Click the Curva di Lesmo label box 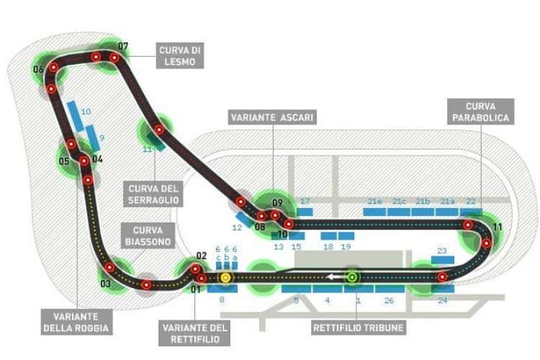click(180, 56)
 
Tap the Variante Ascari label click(272, 117)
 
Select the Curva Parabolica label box click(480, 112)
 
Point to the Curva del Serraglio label click(153, 194)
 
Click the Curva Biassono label click(148, 235)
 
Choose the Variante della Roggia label click(76, 322)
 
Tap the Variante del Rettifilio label click(194, 333)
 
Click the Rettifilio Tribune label click(358, 328)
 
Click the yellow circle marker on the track click(225, 277)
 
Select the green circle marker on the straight click(352, 276)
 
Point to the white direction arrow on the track click(334, 276)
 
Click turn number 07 click(123, 46)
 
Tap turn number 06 click(38, 69)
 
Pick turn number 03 click(105, 283)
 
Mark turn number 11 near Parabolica click(498, 227)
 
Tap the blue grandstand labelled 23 click(443, 260)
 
